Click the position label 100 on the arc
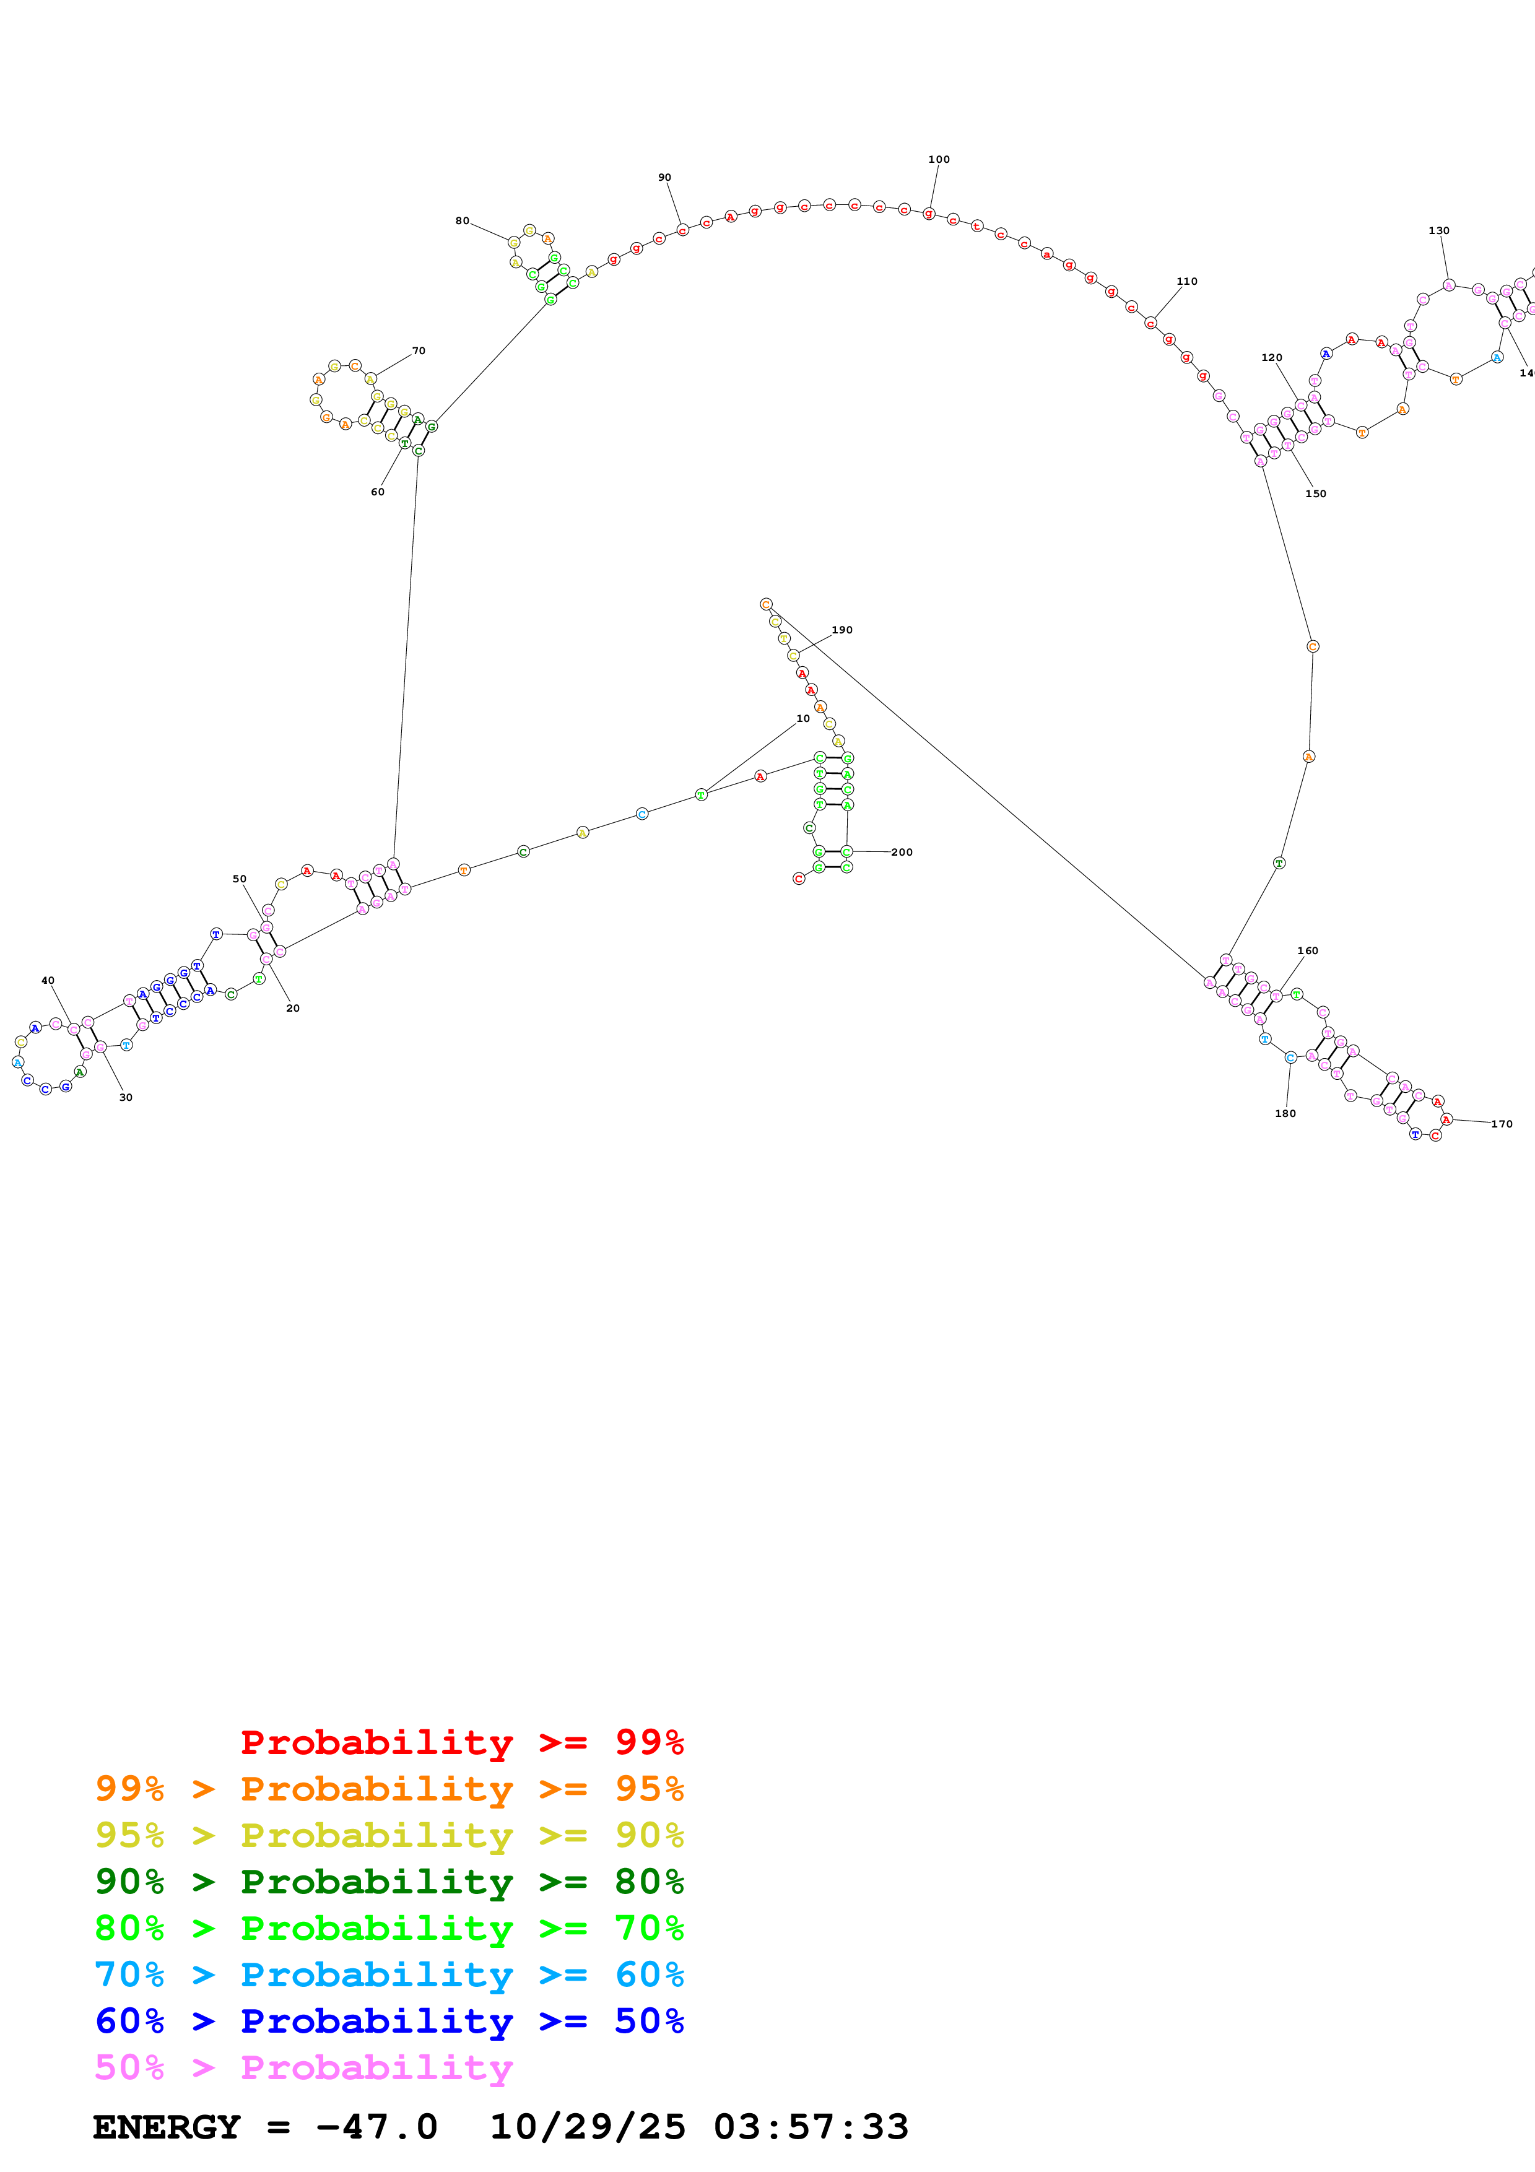938,160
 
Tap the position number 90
665,178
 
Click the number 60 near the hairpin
377,492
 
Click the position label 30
126,1097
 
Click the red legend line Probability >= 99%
461,1742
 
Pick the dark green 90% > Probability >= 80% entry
389,1882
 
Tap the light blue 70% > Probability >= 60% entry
389,1974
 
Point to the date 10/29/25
586,2127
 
